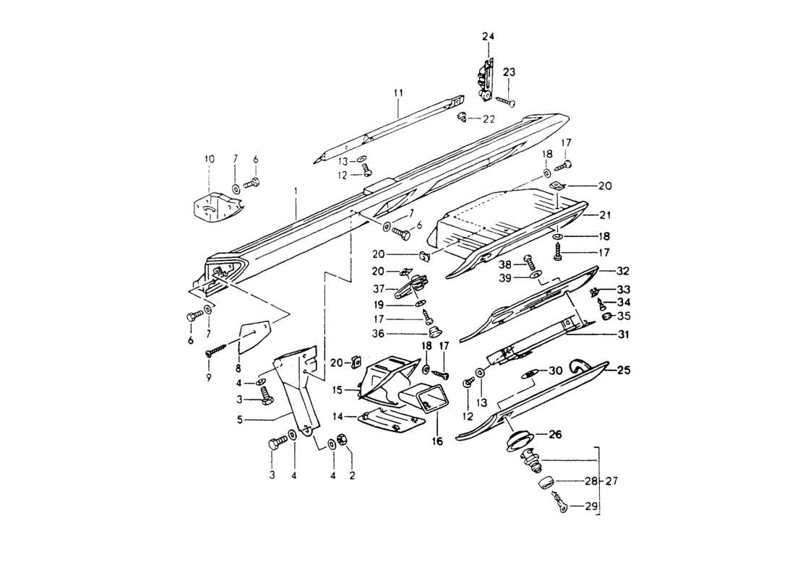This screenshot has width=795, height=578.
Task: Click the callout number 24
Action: [489, 35]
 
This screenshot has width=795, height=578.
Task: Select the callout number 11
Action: [397, 92]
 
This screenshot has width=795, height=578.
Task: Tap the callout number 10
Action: [210, 158]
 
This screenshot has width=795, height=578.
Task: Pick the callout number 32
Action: [623, 271]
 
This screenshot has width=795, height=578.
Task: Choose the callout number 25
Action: [623, 370]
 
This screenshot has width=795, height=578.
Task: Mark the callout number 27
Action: [612, 480]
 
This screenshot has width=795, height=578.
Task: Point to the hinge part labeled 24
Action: [485, 78]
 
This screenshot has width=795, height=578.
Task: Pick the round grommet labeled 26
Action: [517, 439]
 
